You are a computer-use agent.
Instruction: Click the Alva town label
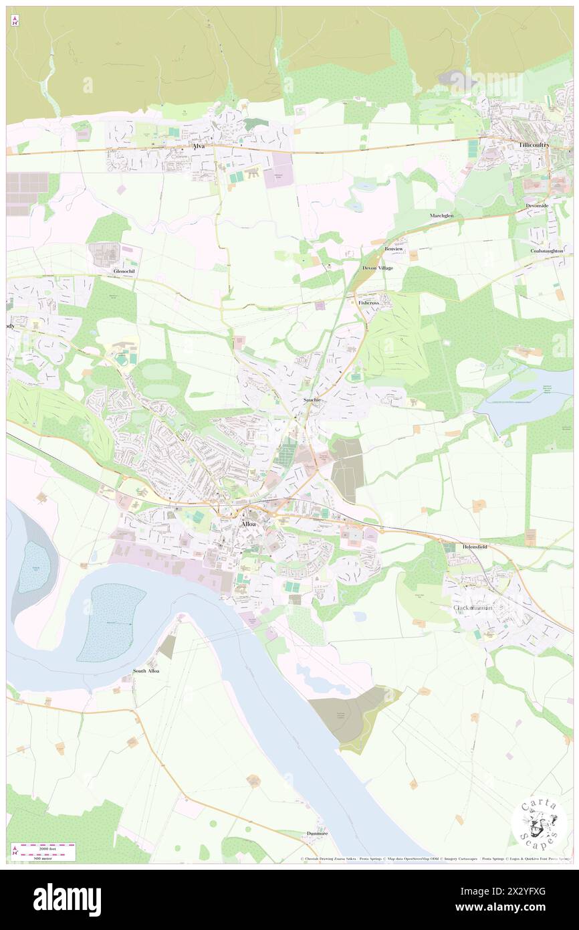pyautogui.click(x=198, y=146)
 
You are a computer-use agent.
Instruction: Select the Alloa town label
pyautogui.click(x=248, y=524)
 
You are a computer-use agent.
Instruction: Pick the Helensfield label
pyautogui.click(x=475, y=547)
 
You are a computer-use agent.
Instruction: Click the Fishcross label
pyautogui.click(x=369, y=302)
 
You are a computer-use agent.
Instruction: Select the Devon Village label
pyautogui.click(x=378, y=268)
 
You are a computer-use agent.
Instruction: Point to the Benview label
pyautogui.click(x=394, y=248)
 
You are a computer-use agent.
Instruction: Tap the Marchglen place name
pyautogui.click(x=441, y=215)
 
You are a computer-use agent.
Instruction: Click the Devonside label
pyautogui.click(x=537, y=205)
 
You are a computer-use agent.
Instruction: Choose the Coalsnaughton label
pyautogui.click(x=547, y=250)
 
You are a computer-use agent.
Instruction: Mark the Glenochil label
pyautogui.click(x=124, y=271)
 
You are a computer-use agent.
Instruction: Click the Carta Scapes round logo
pyautogui.click(x=539, y=824)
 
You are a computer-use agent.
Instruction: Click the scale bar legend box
pyautogui.click(x=43, y=851)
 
